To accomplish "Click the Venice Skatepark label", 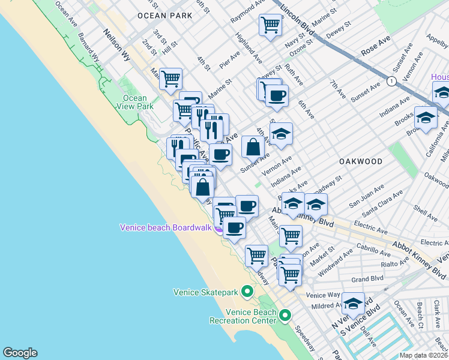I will [x=206, y=292].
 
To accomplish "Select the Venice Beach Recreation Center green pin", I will [x=285, y=315].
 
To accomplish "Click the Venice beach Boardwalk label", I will [x=166, y=227].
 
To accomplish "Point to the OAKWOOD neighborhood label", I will [x=360, y=161].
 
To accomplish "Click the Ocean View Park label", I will [x=134, y=102].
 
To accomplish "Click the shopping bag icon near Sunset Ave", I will [x=253, y=146].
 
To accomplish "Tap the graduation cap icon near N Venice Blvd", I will [x=354, y=303].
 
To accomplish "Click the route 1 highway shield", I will [x=391, y=80].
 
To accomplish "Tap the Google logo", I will [x=20, y=353].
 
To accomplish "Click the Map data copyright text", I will [x=423, y=355].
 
